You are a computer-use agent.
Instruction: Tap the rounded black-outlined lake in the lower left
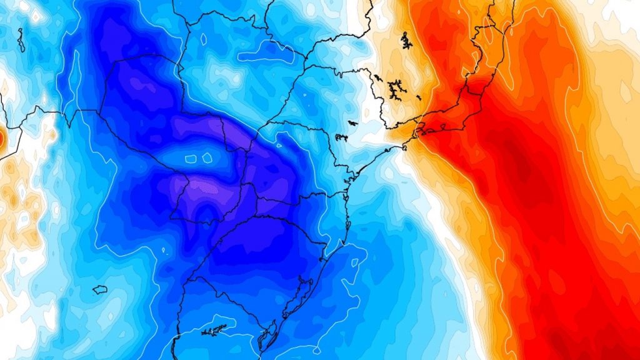[100, 289]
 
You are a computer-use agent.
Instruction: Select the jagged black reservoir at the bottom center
[214, 330]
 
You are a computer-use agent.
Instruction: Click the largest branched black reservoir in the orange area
[396, 90]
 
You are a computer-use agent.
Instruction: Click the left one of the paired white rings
[191, 159]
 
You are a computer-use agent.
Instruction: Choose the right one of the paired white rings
[207, 158]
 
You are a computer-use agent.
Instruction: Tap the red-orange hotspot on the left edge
[2, 139]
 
